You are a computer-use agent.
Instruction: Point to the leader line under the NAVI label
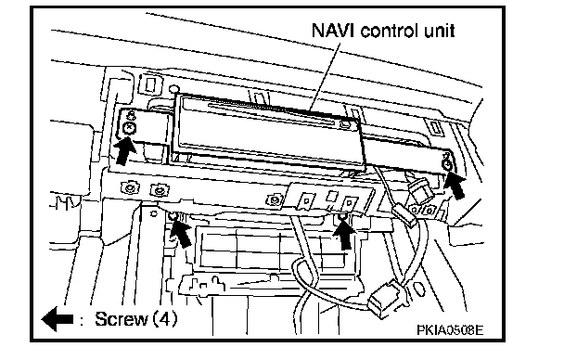coord(326,77)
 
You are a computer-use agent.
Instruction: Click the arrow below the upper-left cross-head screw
coord(123,152)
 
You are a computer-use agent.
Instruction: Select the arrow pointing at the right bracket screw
coord(455,186)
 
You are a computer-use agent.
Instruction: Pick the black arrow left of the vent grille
coord(181,233)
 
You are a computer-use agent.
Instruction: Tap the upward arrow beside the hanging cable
coord(344,234)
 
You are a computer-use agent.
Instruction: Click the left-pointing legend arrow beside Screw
coord(58,319)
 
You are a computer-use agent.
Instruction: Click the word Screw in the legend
coord(122,319)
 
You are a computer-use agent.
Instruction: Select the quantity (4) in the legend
coord(166,319)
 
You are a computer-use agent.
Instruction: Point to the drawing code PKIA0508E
coord(450,329)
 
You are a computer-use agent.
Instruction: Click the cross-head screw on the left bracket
coord(129,128)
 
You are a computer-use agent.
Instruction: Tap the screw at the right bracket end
coord(447,165)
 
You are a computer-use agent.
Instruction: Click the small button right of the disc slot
coord(344,125)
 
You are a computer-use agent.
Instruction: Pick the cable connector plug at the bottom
coord(384,296)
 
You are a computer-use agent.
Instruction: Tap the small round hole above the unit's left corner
coord(174,89)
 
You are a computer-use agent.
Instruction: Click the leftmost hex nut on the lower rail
coord(128,187)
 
